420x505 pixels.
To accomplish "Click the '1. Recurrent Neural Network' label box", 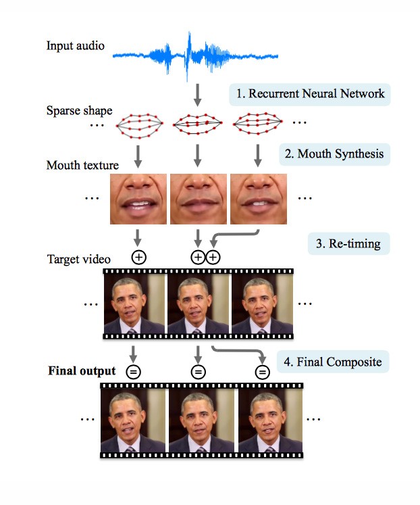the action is pos(310,95).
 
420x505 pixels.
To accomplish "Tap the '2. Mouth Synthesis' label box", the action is pos(334,154).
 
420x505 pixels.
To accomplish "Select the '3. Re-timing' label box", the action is pos(348,244).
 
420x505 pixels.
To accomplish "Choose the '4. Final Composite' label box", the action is pos(333,362).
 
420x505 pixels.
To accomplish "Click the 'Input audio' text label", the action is pos(75,46).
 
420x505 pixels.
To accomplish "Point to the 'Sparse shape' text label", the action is pos(79,110).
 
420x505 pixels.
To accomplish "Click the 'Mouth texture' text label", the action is pos(82,165).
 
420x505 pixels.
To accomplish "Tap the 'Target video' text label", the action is pos(79,259).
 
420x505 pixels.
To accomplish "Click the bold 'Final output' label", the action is pos(82,370).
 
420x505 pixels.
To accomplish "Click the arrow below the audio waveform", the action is pos(198,95).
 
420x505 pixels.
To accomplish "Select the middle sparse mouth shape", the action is pos(197,124).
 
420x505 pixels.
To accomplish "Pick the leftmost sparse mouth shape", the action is pos(140,126).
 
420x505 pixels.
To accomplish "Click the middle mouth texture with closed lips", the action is pos(199,199).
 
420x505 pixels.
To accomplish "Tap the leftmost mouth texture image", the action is pos(138,199).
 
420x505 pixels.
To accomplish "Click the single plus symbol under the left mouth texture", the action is pos(139,258).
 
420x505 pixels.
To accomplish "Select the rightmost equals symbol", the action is pos(263,372).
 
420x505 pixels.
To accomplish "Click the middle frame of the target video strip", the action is pos(198,304).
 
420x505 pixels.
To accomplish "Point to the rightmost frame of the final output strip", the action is pos(270,420).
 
